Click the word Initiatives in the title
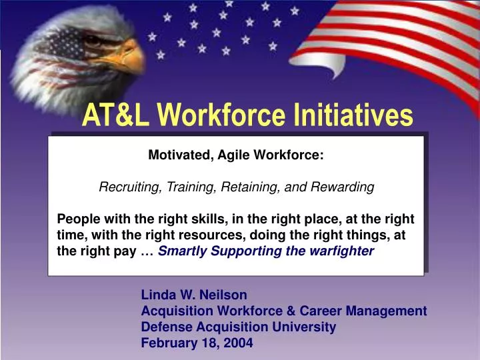[353, 116]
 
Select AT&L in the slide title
[115, 116]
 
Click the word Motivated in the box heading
[176, 155]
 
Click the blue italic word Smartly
[179, 251]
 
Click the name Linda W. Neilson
[194, 294]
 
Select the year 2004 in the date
[239, 343]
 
